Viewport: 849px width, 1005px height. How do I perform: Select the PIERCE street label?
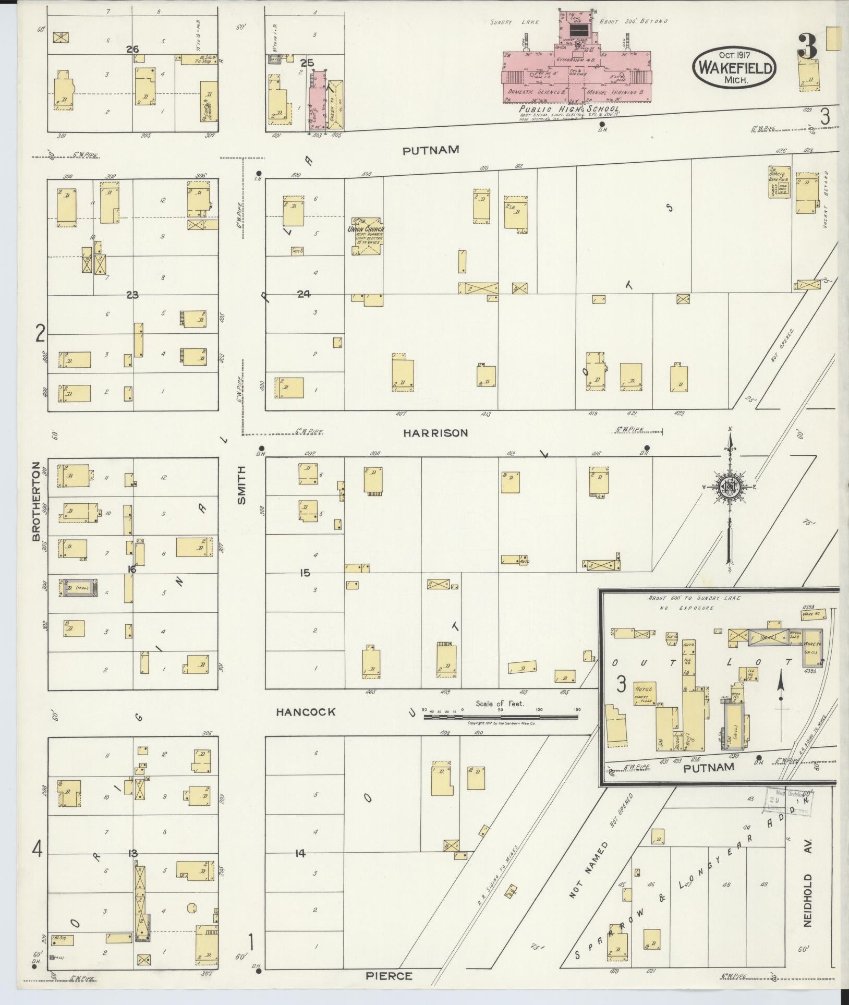389,976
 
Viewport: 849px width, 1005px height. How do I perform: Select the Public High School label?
569,109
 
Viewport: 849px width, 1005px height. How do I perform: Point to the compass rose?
730,487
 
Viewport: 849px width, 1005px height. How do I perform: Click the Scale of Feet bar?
501,717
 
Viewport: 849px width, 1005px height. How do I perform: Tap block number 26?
132,50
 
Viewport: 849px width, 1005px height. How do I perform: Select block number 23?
132,295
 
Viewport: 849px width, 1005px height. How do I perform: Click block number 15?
305,573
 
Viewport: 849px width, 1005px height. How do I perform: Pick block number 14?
300,853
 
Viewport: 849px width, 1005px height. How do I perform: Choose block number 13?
132,853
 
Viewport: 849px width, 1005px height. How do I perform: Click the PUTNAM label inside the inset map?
709,767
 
